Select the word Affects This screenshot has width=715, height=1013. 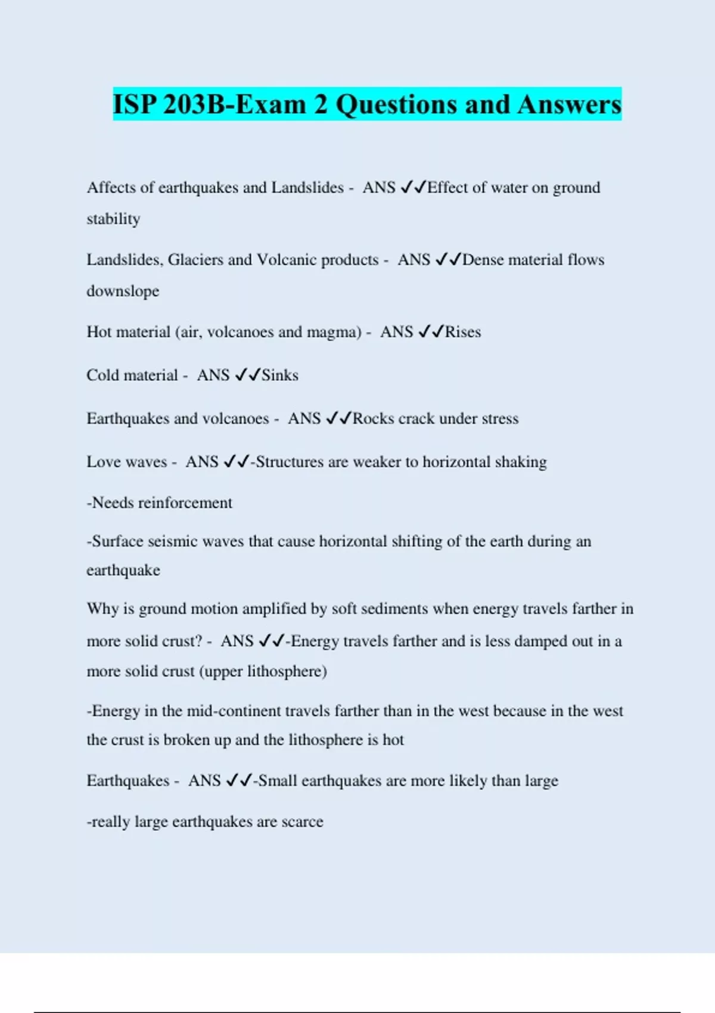click(111, 188)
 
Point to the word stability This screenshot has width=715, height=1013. click(113, 219)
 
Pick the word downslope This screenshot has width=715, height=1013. click(123, 291)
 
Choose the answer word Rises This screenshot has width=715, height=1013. click(463, 332)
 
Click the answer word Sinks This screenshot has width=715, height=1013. click(280, 375)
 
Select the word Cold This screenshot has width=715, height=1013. click(102, 375)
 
